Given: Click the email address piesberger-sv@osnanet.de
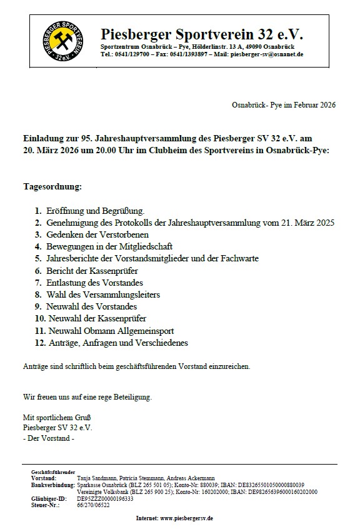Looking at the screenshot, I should (267, 54).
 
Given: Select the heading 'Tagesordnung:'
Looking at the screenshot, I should (52, 187).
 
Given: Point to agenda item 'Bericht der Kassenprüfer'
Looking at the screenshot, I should (92, 271).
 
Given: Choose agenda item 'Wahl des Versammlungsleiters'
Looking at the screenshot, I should (103, 295).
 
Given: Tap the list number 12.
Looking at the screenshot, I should (40, 343).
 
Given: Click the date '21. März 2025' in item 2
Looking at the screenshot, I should (309, 223).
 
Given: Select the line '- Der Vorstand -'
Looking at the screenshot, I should (48, 438).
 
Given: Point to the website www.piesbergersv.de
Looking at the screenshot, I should (187, 518).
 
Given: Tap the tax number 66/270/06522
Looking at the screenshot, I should (92, 505).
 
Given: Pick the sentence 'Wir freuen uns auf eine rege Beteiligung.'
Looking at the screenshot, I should (87, 396).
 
